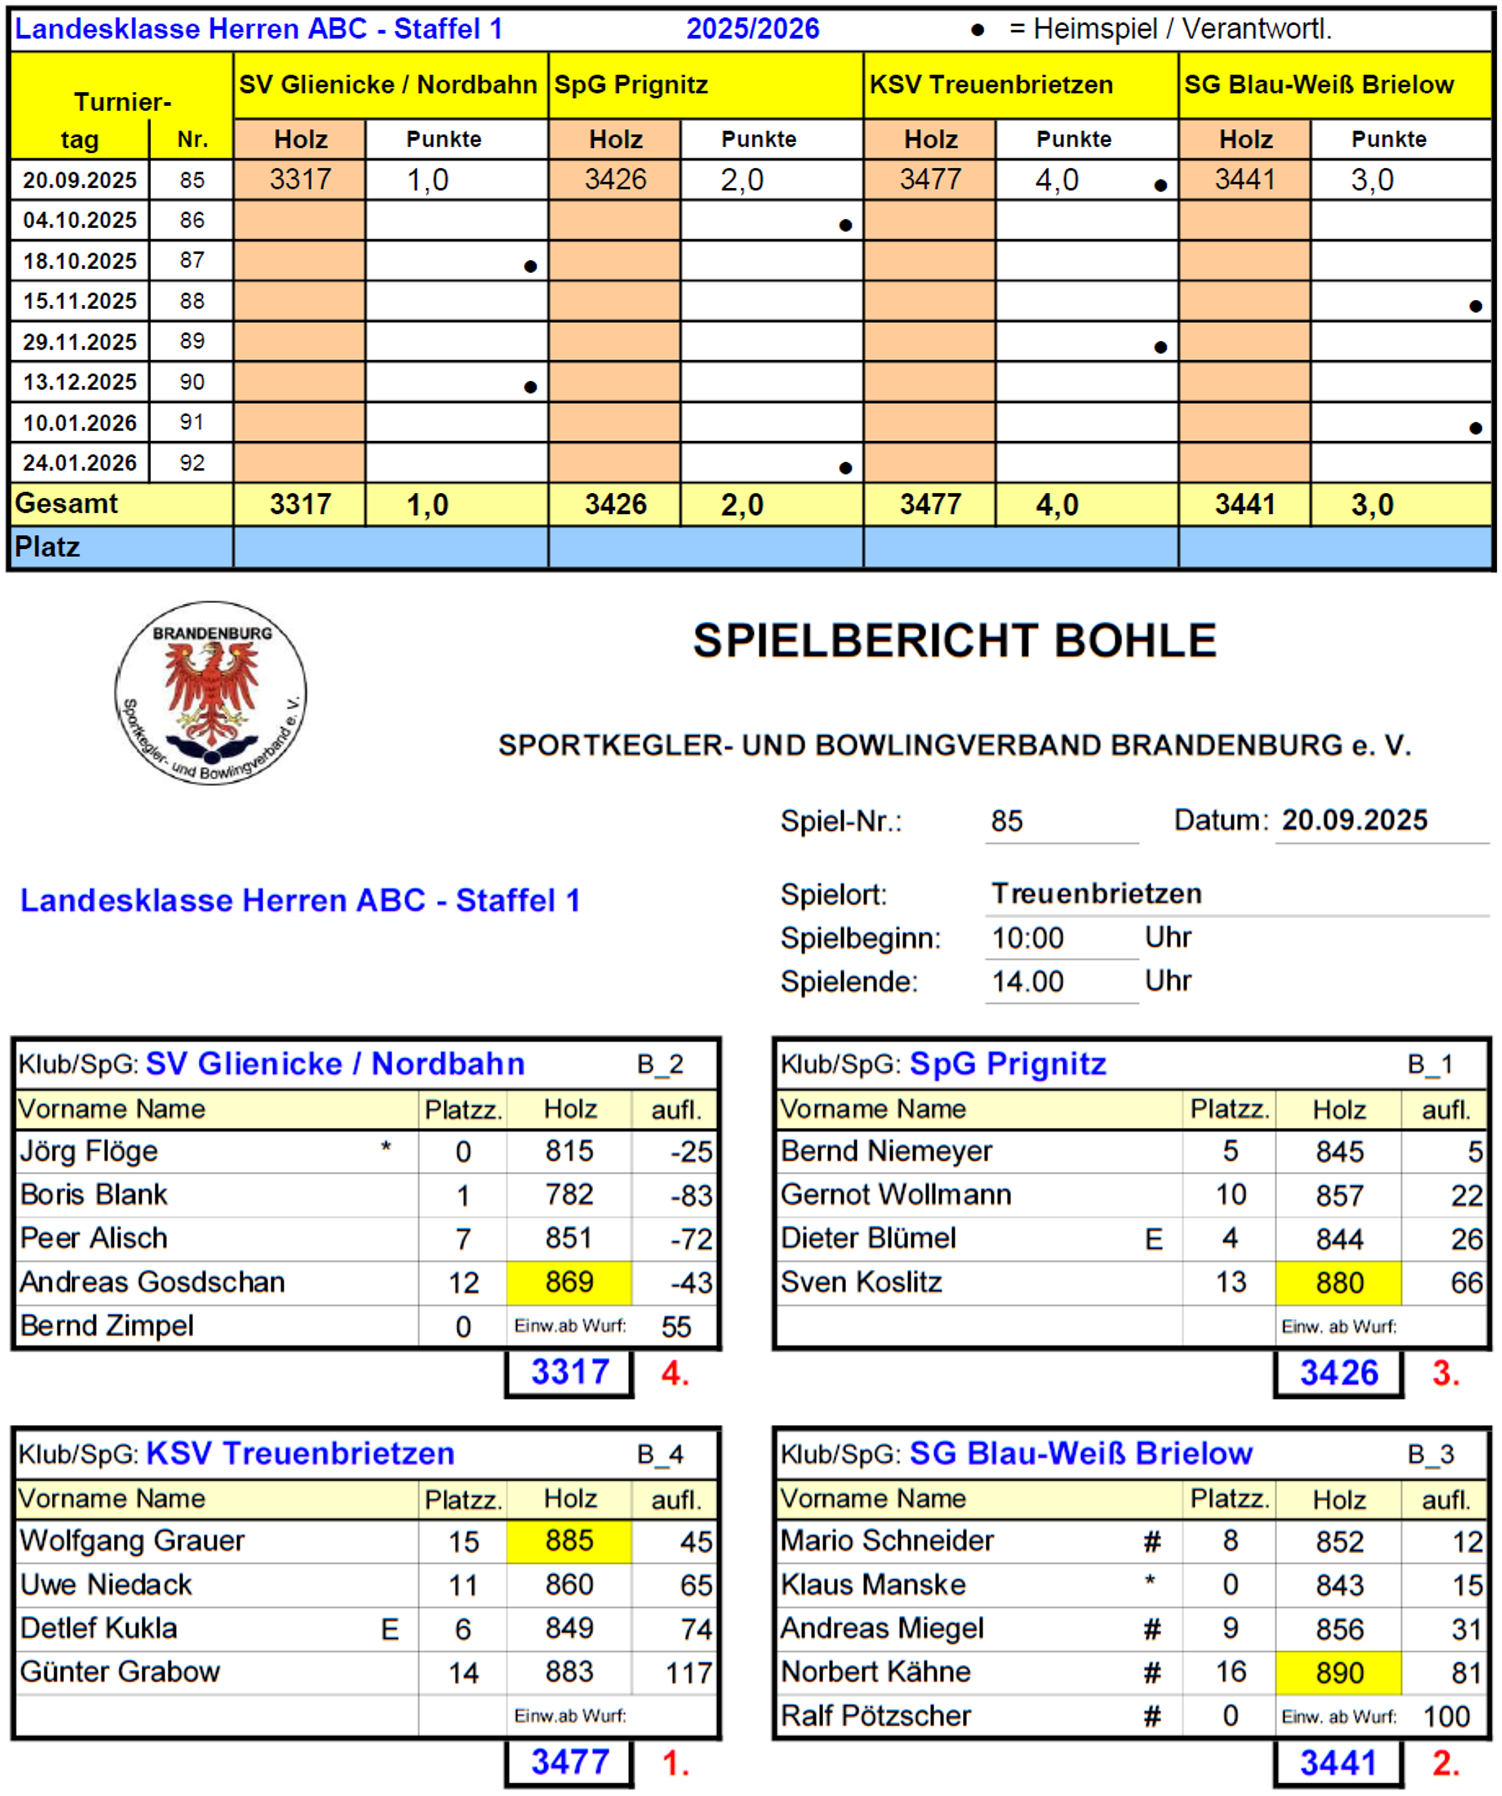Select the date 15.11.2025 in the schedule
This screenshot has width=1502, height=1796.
(80, 301)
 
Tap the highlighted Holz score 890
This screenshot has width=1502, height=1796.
(1339, 1672)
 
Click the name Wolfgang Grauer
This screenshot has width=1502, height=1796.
(132, 1540)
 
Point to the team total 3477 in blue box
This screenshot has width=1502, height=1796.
(570, 1762)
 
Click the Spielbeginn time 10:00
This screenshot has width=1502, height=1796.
(1027, 938)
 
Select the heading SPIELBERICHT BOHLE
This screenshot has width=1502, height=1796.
(954, 641)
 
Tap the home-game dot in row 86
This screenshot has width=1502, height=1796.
(845, 226)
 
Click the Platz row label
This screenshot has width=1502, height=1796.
(48, 546)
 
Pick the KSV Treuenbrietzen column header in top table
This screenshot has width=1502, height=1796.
(991, 85)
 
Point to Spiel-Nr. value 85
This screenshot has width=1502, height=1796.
(1007, 821)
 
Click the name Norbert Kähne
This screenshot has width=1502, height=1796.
(876, 1671)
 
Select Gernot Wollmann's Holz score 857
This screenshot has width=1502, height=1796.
(1339, 1195)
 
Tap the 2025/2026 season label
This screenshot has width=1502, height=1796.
(753, 29)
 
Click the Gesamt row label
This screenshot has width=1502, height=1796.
(67, 503)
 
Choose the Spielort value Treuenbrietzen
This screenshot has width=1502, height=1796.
(1097, 894)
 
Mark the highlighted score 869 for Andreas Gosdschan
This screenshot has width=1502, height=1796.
(569, 1282)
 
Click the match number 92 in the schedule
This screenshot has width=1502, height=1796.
(192, 463)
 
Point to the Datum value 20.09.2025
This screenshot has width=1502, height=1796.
(1354, 820)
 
